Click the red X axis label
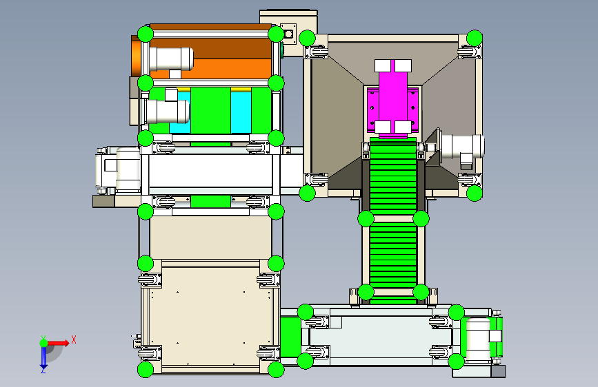click(x=74, y=339)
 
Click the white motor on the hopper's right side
click(x=462, y=146)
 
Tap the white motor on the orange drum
click(x=171, y=59)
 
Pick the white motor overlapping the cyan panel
click(x=168, y=112)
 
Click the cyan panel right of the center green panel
click(x=241, y=112)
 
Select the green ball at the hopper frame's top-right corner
click(x=474, y=38)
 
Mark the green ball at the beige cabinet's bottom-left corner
click(x=146, y=370)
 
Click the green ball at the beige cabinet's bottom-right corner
click(x=276, y=370)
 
